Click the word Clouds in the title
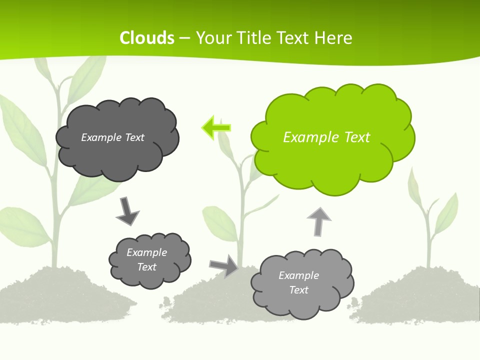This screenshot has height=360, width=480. [147, 38]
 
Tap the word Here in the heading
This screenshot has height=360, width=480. [333, 38]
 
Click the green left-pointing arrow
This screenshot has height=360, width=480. [216, 128]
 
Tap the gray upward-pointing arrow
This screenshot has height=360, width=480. [318, 221]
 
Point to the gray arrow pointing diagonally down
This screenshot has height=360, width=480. [127, 211]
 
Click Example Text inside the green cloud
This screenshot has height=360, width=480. [326, 137]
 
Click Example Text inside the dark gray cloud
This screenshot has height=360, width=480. [112, 137]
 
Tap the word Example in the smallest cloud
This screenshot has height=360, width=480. [146, 252]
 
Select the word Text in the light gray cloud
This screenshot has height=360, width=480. [298, 290]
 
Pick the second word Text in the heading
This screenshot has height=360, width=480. [294, 38]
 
